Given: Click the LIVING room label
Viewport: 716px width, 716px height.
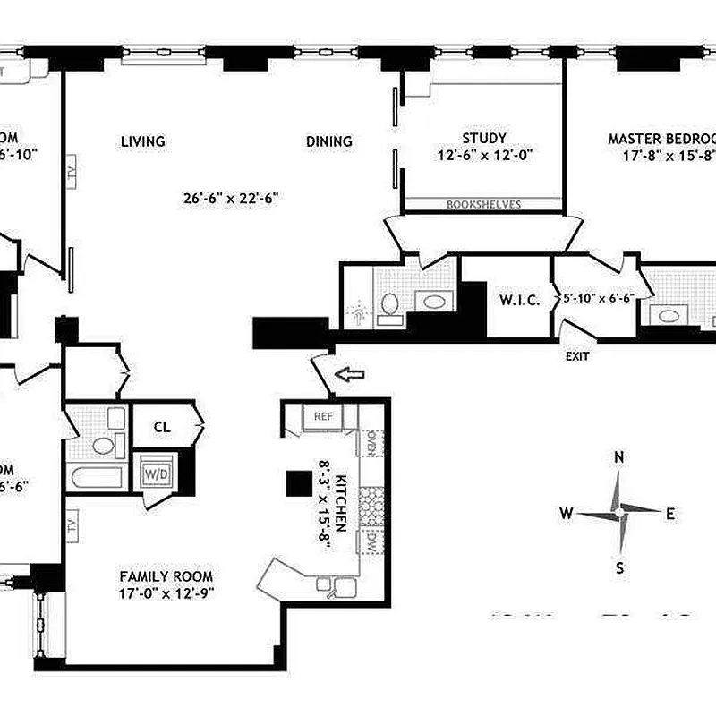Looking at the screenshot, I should (143, 141).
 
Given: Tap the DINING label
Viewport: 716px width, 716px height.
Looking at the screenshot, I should (329, 141).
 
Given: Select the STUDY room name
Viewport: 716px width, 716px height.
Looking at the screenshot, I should (484, 138).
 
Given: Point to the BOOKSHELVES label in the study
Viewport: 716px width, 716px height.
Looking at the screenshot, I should (483, 205).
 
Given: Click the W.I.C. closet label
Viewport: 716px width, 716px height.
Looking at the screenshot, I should (519, 300).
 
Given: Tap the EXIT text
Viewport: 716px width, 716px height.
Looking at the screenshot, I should (577, 356).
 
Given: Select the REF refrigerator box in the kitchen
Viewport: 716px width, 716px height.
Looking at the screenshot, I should (322, 416).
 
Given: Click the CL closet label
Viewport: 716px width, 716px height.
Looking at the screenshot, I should (161, 427).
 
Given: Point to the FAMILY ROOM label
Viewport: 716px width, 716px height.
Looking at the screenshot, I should (166, 577).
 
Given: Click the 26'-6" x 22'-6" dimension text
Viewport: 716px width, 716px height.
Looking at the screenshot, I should (232, 199).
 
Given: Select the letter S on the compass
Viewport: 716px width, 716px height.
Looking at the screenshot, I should (619, 567).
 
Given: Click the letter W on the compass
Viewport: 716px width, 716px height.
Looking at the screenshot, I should (567, 513).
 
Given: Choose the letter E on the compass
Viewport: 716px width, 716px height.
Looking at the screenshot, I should (670, 513).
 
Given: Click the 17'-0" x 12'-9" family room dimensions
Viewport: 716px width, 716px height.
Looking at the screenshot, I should (166, 592).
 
